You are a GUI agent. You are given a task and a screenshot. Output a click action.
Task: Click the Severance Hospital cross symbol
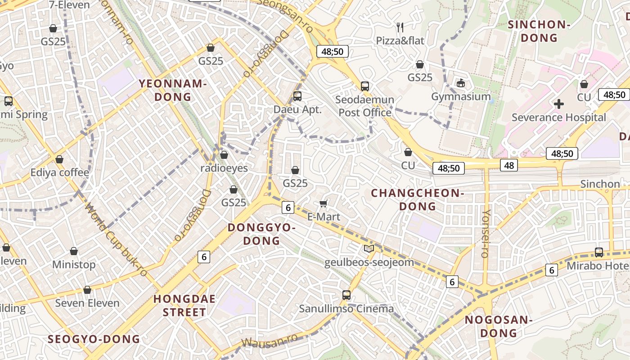pos(558,104)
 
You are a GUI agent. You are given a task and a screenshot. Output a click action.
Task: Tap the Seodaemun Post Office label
pos(365,106)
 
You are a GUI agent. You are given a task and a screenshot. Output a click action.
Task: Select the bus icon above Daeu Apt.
pos(297,96)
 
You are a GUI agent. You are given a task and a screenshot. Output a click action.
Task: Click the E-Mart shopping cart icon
pos(323,204)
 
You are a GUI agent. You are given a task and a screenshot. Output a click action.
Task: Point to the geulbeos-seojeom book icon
pos(369,248)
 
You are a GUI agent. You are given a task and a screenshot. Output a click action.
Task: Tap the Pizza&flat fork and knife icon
pos(400,27)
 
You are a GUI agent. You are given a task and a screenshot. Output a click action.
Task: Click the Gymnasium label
pos(461,97)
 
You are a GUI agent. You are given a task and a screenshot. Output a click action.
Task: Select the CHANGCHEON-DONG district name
pos(417,200)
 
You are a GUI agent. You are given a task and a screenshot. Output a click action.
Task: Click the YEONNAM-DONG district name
pos(173,90)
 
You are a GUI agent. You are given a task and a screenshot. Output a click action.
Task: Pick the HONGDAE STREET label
pos(184,306)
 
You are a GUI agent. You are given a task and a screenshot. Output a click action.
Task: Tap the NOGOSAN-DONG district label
pos(499,327)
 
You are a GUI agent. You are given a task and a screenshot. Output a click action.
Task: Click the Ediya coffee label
pos(60,172)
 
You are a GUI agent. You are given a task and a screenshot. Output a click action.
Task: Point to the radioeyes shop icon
pos(224,155)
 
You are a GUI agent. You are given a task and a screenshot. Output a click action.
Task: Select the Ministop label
pos(74,264)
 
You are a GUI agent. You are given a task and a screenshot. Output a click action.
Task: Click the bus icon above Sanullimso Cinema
pos(346,295)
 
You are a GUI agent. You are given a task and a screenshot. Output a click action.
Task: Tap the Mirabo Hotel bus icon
pos(598,252)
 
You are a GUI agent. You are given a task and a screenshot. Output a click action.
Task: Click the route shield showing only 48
pos(508,165)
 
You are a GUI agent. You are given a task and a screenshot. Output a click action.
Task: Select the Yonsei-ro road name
pos(486,234)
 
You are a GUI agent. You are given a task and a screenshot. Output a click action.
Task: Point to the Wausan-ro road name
pos(270,341)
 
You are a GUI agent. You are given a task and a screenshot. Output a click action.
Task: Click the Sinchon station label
pos(600,184)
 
